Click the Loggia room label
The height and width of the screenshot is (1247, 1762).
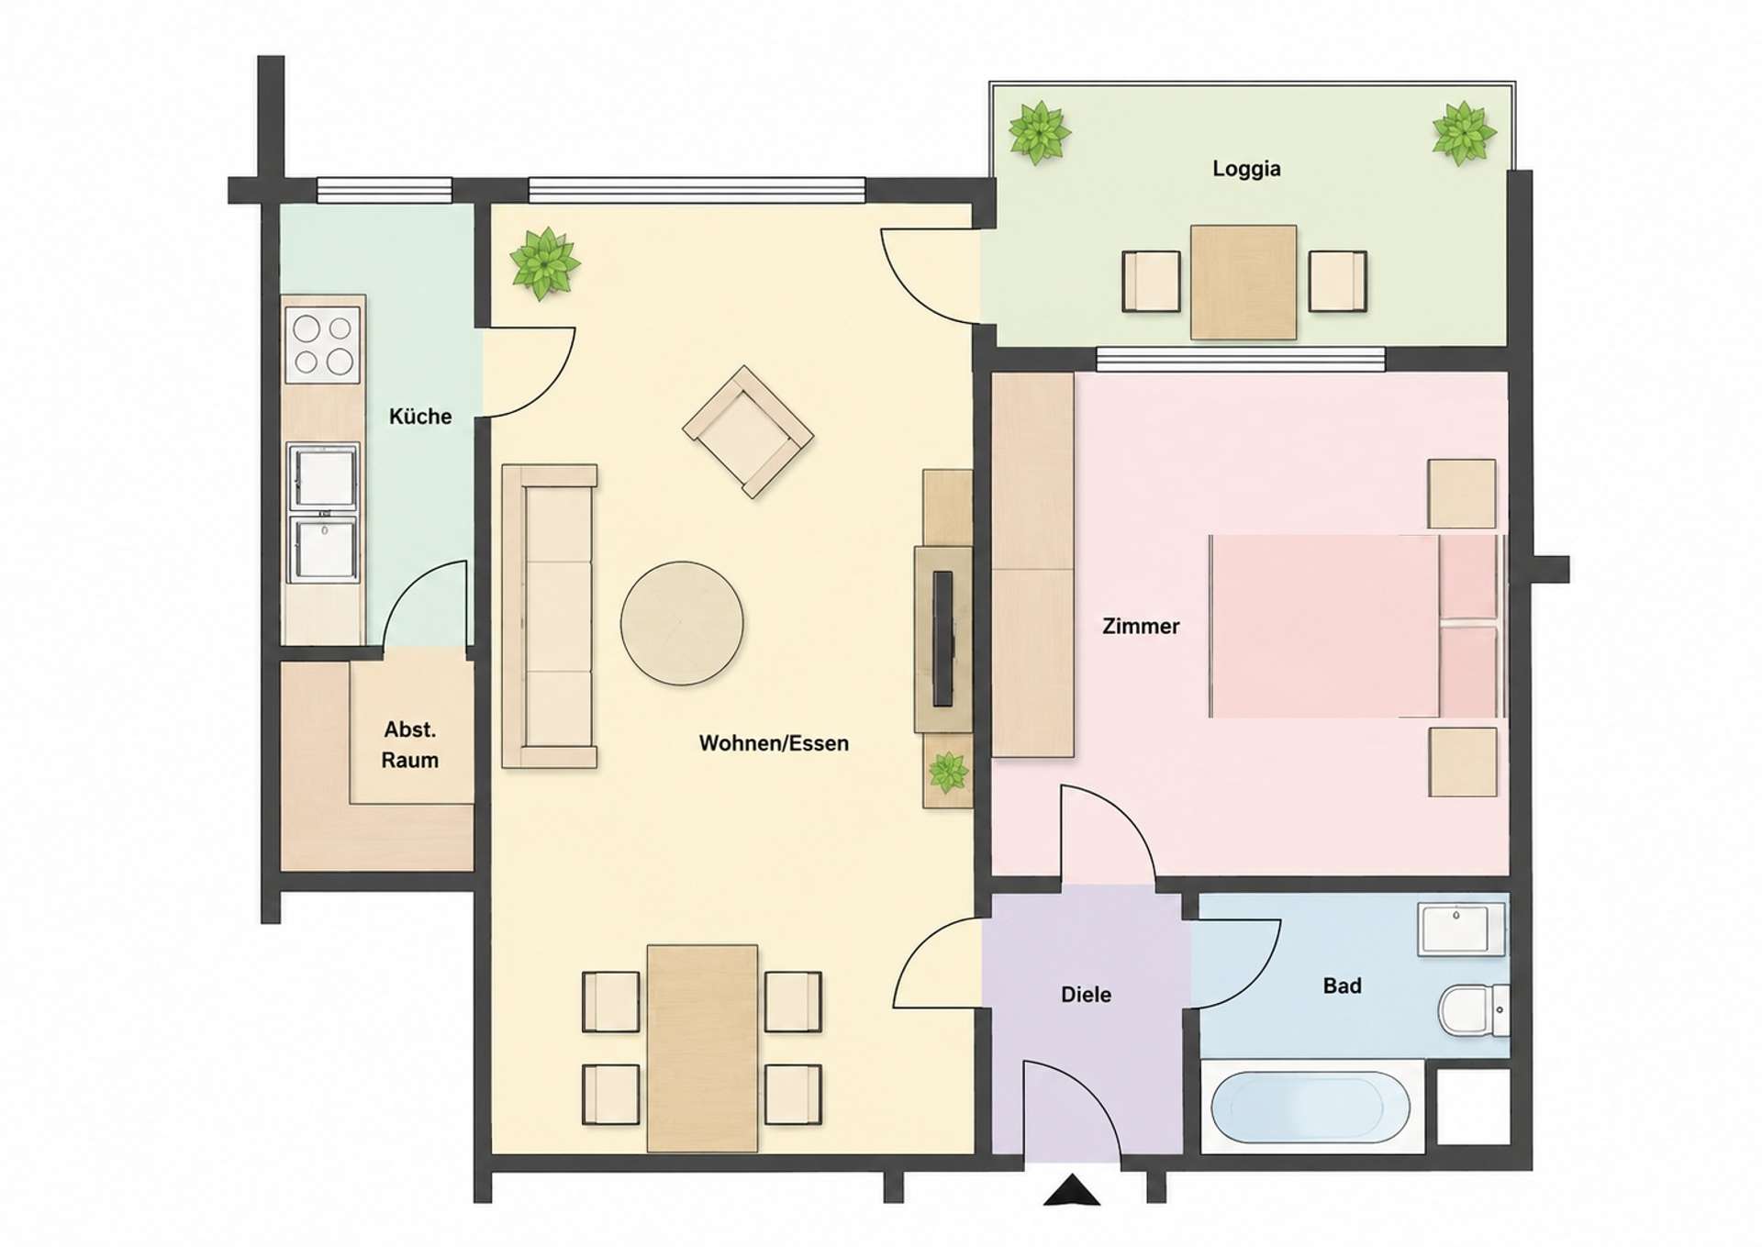[x=1246, y=169]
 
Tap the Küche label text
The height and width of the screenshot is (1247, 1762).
[x=420, y=417]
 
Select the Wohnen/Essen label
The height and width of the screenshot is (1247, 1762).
[x=774, y=743]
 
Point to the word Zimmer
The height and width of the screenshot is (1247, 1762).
[x=1141, y=627]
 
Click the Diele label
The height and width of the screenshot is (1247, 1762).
[x=1086, y=995]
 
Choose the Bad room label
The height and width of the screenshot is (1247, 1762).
[x=1342, y=986]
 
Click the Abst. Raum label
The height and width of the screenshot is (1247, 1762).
[x=409, y=745]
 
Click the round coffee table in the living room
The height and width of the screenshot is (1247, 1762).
[x=682, y=623]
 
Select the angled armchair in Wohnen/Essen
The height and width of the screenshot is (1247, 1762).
[x=748, y=432]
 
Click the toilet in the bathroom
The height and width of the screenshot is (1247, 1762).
[x=1473, y=1009]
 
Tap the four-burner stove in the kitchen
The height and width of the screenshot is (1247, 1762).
[x=323, y=344]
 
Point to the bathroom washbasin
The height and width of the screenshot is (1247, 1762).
[x=1461, y=929]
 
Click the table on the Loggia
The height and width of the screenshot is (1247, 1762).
[x=1243, y=283]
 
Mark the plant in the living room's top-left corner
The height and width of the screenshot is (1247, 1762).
[x=545, y=263]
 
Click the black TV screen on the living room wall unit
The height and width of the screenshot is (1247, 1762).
[x=942, y=639]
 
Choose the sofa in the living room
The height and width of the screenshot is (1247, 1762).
[x=550, y=616]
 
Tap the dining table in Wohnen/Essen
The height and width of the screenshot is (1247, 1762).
[x=702, y=1048]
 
